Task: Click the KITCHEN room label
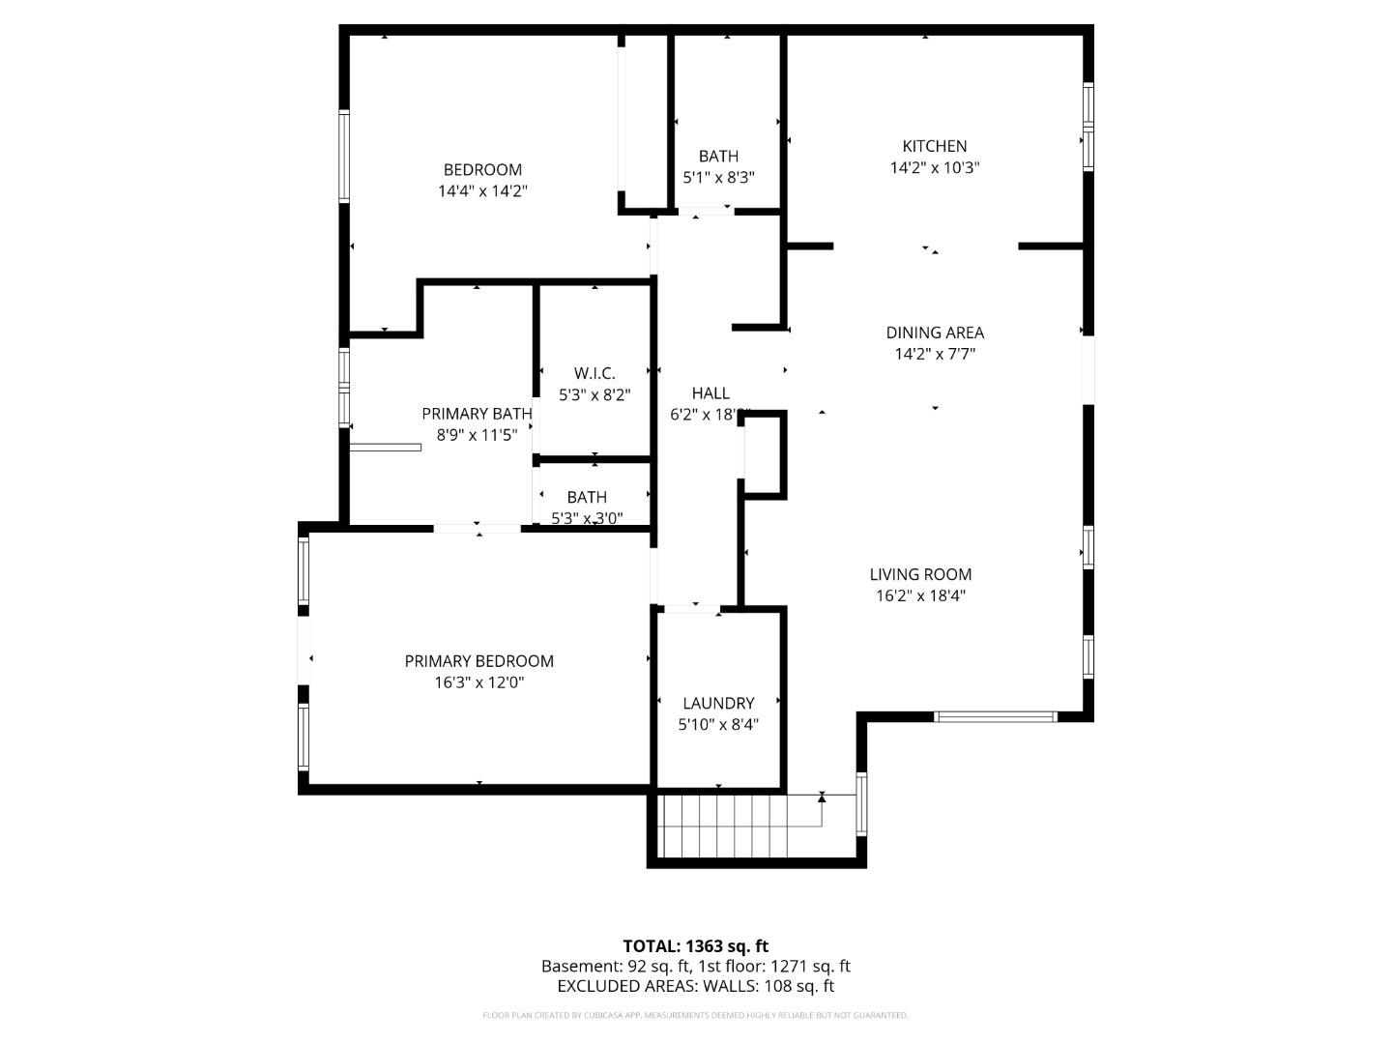pos(934,146)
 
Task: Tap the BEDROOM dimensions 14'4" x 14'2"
pos(482,191)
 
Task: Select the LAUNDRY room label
pos(717,703)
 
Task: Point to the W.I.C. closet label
pos(594,373)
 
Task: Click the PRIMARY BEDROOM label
pos(478,661)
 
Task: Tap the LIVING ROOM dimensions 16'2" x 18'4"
pos(920,595)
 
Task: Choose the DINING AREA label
pos(934,333)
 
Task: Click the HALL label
pos(710,392)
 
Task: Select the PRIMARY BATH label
pos(477,414)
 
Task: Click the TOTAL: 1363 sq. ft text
pos(695,946)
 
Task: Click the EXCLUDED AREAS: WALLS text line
pos(695,986)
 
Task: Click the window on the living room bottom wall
pos(996,716)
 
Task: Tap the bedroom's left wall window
pos(343,157)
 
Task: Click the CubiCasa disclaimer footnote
pos(695,1015)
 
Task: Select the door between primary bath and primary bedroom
pos(478,528)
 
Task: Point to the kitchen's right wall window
pos(1087,126)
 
